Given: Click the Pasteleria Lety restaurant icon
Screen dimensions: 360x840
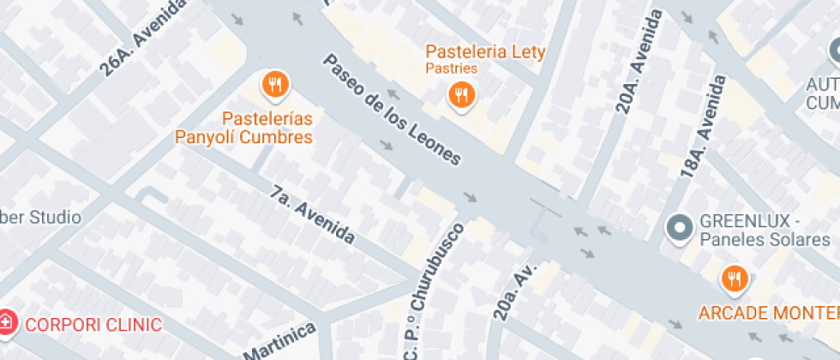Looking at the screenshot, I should (x=462, y=96).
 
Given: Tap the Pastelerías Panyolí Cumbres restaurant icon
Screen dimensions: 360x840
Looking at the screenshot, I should (x=275, y=84).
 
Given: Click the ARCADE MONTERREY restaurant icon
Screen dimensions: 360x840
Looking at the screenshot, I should (x=734, y=278).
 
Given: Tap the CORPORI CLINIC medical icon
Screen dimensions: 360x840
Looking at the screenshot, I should (x=7, y=324).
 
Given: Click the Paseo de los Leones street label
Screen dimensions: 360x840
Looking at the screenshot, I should (x=392, y=109).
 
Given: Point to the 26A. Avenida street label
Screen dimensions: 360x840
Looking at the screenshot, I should (x=143, y=39).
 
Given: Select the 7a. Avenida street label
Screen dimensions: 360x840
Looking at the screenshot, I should (x=312, y=214).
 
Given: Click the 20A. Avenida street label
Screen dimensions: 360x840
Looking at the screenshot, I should (x=638, y=62).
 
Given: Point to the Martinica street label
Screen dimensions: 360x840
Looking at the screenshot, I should (x=279, y=343).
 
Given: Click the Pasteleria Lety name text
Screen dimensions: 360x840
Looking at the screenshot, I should (x=486, y=52).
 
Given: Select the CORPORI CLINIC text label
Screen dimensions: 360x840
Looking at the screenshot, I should (x=93, y=325).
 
